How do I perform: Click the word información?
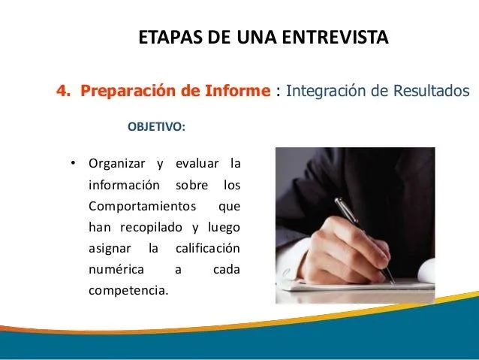click(124, 184)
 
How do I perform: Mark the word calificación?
click(207, 247)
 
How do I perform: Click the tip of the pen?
click(393, 283)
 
